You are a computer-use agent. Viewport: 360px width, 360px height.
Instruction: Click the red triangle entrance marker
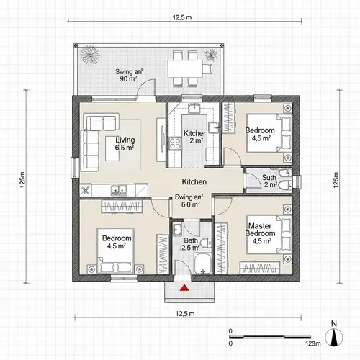tap(185, 288)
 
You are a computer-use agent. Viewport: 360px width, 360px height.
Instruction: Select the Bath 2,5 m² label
tap(191, 244)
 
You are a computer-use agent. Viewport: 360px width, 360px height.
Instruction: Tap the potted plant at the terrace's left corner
tap(89, 55)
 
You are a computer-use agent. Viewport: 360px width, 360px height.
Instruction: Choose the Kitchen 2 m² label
tap(194, 138)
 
